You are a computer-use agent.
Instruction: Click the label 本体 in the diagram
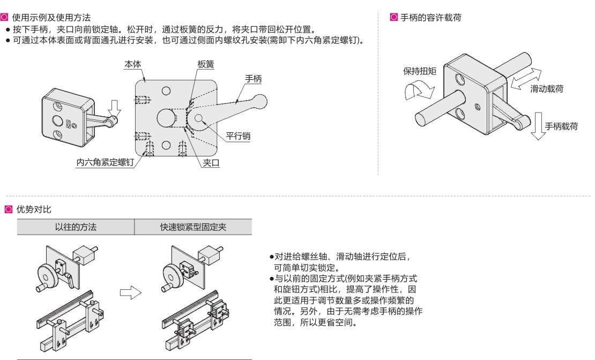[132, 64]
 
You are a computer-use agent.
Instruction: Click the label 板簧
[205, 64]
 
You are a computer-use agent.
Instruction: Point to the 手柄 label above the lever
[254, 78]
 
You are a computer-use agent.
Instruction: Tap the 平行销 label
[238, 136]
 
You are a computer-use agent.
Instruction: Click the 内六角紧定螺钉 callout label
[105, 161]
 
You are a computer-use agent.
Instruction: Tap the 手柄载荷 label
[562, 126]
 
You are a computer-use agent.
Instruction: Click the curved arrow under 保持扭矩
[419, 92]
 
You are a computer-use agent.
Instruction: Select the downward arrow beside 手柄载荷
[538, 124]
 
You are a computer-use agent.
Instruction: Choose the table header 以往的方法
[76, 227]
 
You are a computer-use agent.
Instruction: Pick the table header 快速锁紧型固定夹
[193, 227]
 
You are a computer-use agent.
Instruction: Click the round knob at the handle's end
[260, 100]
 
